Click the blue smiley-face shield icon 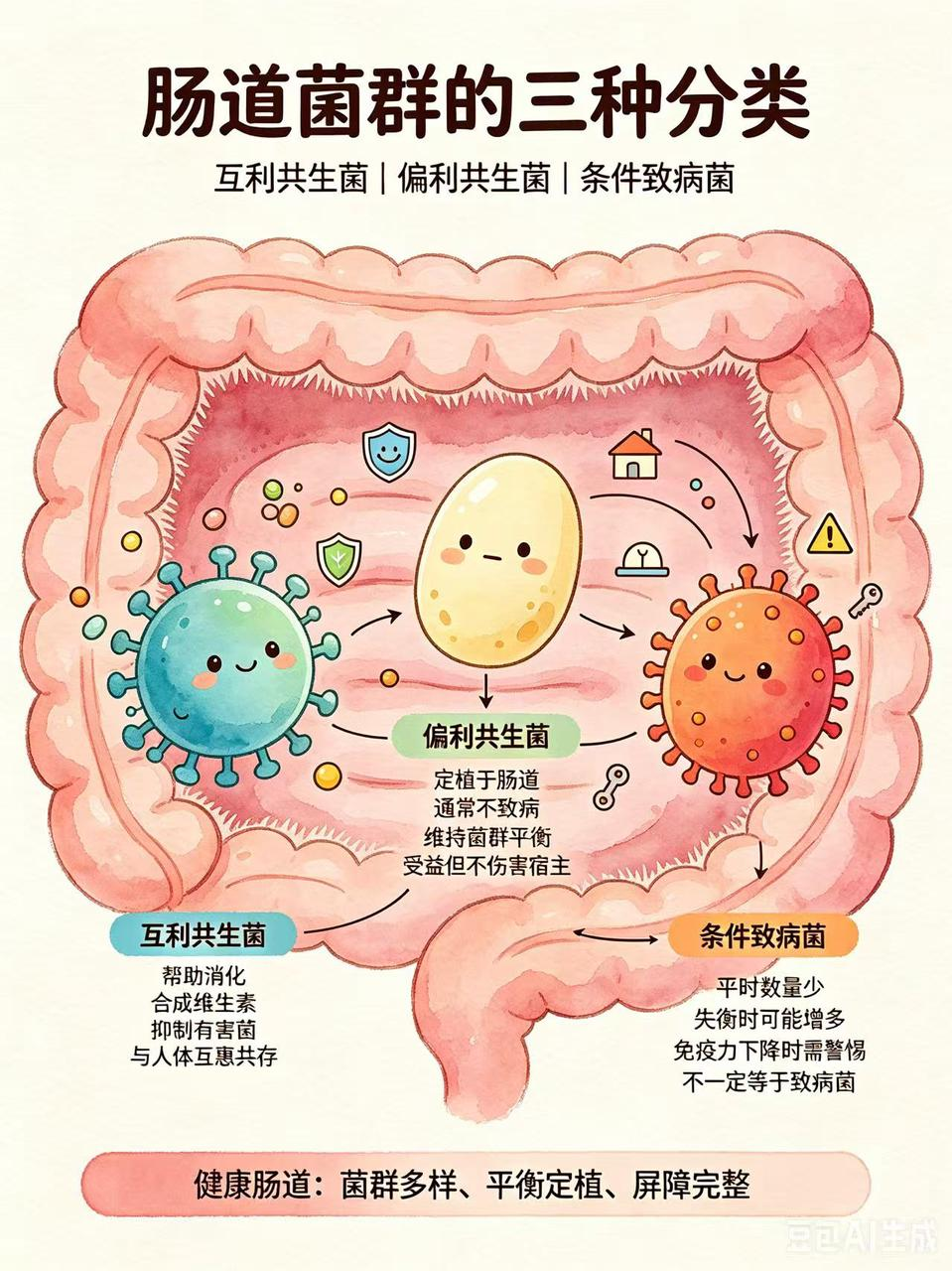point(389,452)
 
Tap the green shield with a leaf point(339,560)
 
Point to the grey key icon point(866,601)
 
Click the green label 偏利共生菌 point(485,736)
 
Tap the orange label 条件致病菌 point(762,935)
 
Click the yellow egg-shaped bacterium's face point(493,553)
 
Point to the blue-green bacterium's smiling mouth point(245,667)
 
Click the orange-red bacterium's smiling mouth point(735,675)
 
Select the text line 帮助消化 point(204,992)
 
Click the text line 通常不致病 point(486,807)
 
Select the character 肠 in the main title point(181,104)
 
